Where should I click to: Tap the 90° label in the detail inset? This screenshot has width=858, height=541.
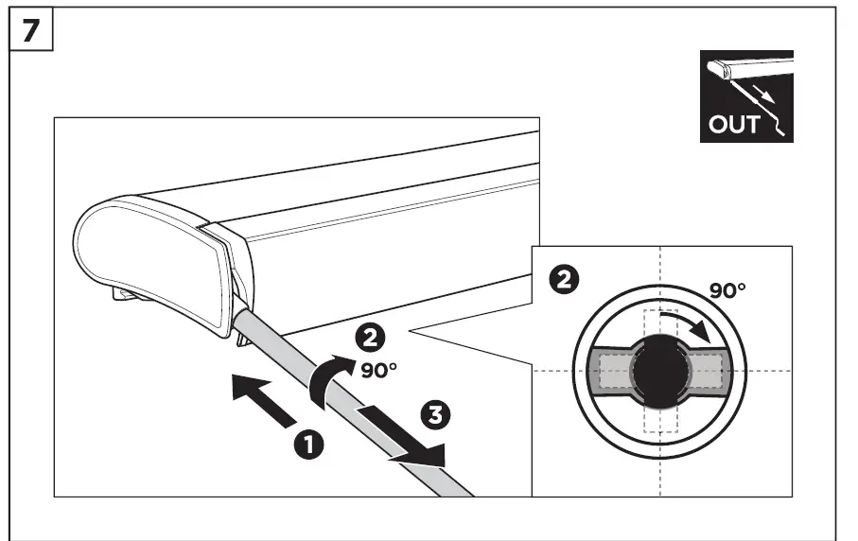[727, 289]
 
